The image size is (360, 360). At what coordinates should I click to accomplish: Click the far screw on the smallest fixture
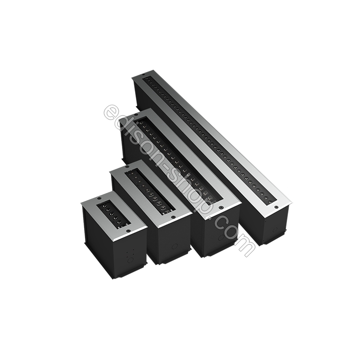coord(99,198)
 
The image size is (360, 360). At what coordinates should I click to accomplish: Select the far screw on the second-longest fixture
coord(138,114)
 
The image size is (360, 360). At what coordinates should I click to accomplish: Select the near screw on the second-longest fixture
coord(221,207)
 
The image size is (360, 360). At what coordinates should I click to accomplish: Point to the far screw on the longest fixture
coord(143,75)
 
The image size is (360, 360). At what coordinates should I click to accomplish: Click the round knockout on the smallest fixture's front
coord(130,260)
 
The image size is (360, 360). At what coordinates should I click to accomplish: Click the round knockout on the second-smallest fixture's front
coord(175,247)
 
